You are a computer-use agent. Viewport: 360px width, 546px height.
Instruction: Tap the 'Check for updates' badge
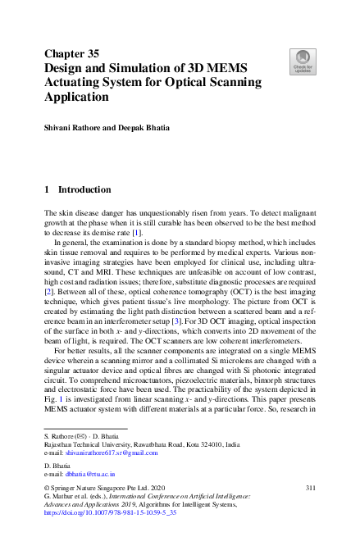click(301, 60)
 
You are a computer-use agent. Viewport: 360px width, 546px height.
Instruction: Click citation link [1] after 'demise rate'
click(139, 234)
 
